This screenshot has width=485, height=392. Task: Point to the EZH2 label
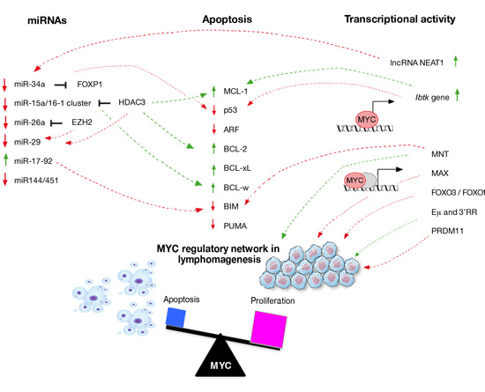coord(87,122)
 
